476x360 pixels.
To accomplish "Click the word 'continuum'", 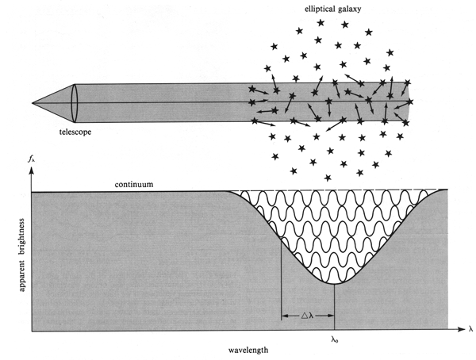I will coord(132,184).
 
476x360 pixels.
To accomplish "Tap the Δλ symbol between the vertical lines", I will coord(308,315).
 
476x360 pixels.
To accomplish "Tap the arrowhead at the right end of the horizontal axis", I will coord(456,329).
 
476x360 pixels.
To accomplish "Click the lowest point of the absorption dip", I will coord(335,283).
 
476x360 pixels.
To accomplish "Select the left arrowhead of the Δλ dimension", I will coord(285,315).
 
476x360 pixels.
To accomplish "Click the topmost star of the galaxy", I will coord(321,23).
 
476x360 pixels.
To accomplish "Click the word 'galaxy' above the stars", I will coord(355,10).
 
